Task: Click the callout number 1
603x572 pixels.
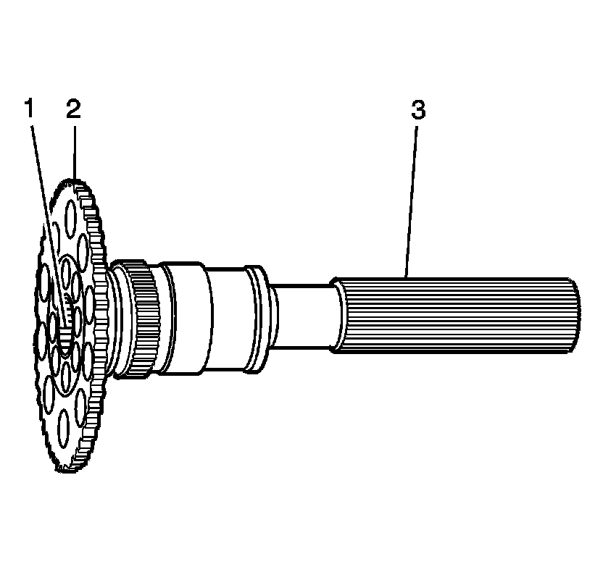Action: [x=28, y=110]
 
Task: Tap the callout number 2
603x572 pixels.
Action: [x=73, y=110]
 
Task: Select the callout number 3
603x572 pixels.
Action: [x=418, y=110]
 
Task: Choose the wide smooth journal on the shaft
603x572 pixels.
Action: [x=185, y=319]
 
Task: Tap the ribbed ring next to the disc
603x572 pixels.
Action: [x=141, y=319]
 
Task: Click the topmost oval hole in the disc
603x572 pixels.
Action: [x=70, y=215]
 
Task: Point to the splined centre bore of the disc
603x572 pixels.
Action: [x=65, y=319]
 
